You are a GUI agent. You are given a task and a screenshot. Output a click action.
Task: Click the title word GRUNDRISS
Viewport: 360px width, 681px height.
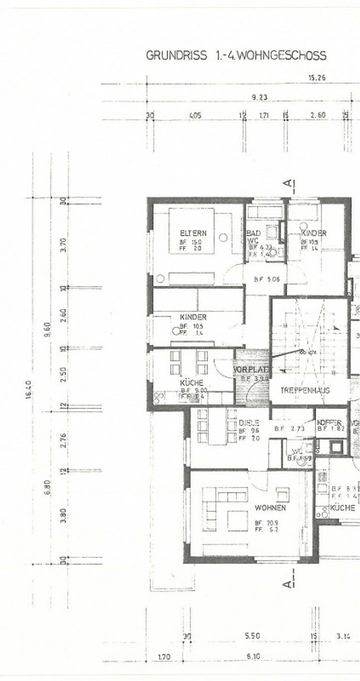[x=176, y=56]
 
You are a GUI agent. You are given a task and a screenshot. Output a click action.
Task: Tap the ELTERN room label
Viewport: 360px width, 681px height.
[x=193, y=233]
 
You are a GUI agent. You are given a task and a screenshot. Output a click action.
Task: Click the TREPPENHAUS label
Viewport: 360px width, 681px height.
[x=305, y=390]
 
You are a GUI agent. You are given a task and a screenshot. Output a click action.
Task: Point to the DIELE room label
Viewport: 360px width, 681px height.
[x=249, y=423]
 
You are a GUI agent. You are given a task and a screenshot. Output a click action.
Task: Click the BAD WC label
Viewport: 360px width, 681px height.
[x=253, y=237]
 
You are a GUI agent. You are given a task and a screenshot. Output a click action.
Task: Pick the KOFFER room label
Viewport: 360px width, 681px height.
[x=329, y=423]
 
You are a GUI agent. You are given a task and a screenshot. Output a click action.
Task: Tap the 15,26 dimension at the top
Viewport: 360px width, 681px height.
[x=317, y=78]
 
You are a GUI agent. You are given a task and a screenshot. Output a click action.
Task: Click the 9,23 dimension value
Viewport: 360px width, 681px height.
[x=259, y=97]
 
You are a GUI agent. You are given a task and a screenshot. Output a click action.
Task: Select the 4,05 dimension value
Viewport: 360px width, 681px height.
[x=195, y=115]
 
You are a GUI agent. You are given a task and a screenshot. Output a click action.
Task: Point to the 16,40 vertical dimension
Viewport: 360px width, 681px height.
[x=29, y=389]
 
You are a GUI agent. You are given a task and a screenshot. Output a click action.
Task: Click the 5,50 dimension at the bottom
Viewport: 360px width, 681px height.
[x=252, y=636]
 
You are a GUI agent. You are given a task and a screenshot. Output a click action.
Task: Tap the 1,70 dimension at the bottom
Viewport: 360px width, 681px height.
[x=164, y=657]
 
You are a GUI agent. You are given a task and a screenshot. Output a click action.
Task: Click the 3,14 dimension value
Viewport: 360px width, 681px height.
[x=343, y=636]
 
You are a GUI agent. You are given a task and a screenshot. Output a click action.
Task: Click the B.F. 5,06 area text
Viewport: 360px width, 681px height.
[x=267, y=279]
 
